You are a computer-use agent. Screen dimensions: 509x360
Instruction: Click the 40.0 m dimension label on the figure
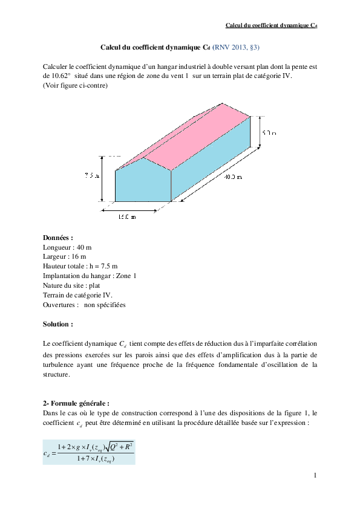(x=233, y=178)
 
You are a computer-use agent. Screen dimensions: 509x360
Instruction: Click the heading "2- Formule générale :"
(x=76, y=403)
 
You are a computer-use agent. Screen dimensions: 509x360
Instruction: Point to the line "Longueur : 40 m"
(x=67, y=248)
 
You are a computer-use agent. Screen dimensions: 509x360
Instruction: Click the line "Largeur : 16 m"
(x=65, y=257)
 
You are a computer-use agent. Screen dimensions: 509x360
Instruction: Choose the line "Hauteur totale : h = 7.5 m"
(x=80, y=266)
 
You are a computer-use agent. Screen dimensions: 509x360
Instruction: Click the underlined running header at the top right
(x=272, y=25)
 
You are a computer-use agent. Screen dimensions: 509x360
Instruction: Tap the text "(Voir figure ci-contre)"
(x=75, y=86)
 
